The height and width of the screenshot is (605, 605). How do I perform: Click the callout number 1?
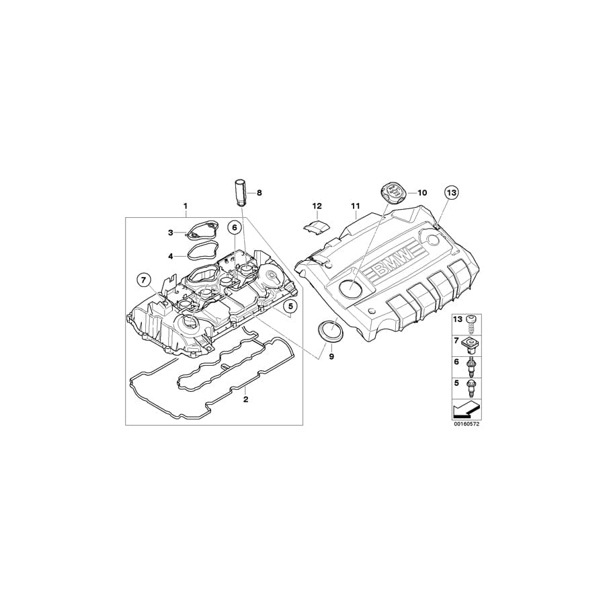tap(186, 204)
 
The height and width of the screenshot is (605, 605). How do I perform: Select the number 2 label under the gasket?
tap(246, 399)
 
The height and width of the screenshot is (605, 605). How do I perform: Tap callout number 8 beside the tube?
tap(259, 193)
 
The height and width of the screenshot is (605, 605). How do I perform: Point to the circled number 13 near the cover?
tap(450, 192)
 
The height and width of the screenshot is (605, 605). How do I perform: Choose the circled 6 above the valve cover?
tap(234, 228)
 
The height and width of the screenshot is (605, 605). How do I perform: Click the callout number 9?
tap(331, 357)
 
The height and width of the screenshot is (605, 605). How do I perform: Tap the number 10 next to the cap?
tap(421, 193)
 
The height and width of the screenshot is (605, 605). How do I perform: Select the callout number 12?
tap(317, 205)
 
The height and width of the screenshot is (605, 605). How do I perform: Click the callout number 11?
tap(356, 205)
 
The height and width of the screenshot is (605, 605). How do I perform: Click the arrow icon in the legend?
tap(466, 408)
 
